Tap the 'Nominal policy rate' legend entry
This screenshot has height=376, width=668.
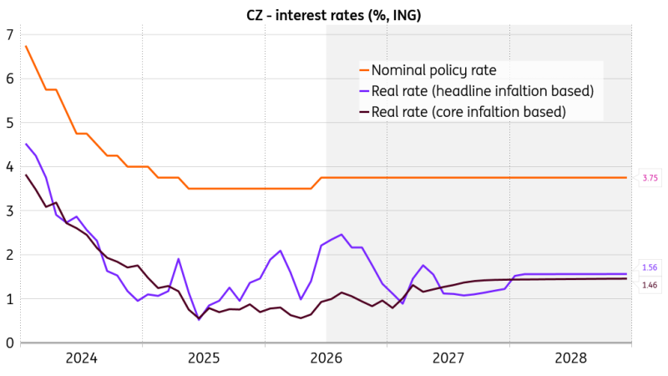pos(428,70)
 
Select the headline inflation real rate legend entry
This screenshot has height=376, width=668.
pos(477,91)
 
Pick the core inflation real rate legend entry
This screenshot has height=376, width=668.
pos(463,112)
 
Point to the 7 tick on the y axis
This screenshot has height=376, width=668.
pos(10,34)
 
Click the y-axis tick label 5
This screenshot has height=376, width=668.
pos(10,123)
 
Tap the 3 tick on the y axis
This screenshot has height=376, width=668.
pos(10,211)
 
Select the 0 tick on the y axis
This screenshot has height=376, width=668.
pos(10,343)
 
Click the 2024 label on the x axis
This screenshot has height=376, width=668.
pos(81,358)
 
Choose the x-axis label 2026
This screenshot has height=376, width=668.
pos(326,358)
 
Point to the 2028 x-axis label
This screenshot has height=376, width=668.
pos(571,358)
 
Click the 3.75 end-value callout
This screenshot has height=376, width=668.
pos(650,178)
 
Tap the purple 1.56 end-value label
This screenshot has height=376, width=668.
pos(650,267)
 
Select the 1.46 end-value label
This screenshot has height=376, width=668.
pos(650,285)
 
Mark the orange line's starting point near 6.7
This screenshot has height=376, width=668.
pos(26,46)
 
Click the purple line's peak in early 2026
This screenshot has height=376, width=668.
pos(342,235)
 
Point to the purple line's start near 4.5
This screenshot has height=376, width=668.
pos(26,144)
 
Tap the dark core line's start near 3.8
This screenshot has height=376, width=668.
pos(26,175)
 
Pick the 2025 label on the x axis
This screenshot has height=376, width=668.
pos(204,358)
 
